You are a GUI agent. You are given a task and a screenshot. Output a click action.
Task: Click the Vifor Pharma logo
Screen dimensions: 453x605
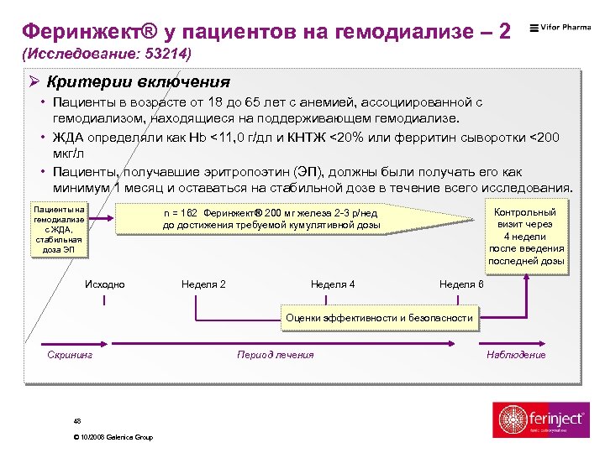[x=560, y=28]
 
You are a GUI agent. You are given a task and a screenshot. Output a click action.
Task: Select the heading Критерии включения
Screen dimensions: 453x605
[x=139, y=82]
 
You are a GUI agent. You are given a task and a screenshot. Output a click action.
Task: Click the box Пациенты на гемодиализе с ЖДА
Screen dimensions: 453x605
[x=58, y=228]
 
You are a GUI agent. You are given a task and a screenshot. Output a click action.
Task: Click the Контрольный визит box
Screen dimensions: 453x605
[x=526, y=237]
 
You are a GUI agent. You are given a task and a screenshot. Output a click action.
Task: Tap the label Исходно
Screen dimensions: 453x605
[x=105, y=284]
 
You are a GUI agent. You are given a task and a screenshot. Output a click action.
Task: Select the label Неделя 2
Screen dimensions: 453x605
[x=203, y=284]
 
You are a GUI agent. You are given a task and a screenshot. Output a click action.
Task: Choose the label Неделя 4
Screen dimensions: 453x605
[x=333, y=284]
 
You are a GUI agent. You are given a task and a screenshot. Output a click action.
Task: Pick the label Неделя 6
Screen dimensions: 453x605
[x=461, y=284]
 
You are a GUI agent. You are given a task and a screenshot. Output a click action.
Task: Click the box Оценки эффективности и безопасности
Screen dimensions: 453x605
[x=379, y=318]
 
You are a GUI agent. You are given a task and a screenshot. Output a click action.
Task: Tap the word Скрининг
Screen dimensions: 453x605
[x=70, y=355]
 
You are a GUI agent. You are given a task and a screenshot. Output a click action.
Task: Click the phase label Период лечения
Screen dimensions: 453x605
[x=276, y=355]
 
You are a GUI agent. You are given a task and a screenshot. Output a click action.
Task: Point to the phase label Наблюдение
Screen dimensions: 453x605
[x=516, y=355]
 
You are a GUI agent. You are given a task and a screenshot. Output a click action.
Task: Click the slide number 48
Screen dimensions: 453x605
[x=77, y=421]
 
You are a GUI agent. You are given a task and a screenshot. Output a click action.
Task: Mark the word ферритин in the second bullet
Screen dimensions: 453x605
[x=447, y=137]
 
